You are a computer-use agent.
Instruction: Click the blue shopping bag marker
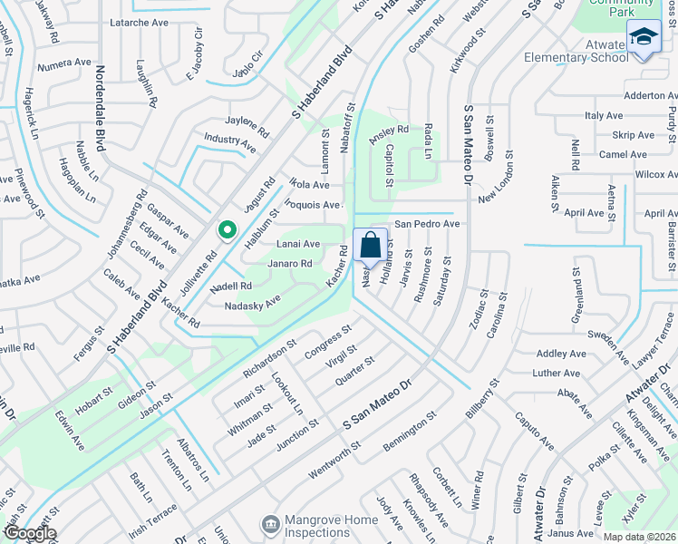pos(371,244)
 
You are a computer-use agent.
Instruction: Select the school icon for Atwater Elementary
pos(643,38)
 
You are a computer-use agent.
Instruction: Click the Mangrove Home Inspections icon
pos(269,524)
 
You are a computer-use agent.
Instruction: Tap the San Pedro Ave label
pos(426,223)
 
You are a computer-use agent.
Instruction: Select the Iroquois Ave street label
pos(313,206)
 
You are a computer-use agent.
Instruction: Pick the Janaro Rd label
pos(290,264)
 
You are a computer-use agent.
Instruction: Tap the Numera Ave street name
pos(64,63)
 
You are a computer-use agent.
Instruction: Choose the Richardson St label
pos(269,360)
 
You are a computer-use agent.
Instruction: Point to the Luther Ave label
pos(557,373)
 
